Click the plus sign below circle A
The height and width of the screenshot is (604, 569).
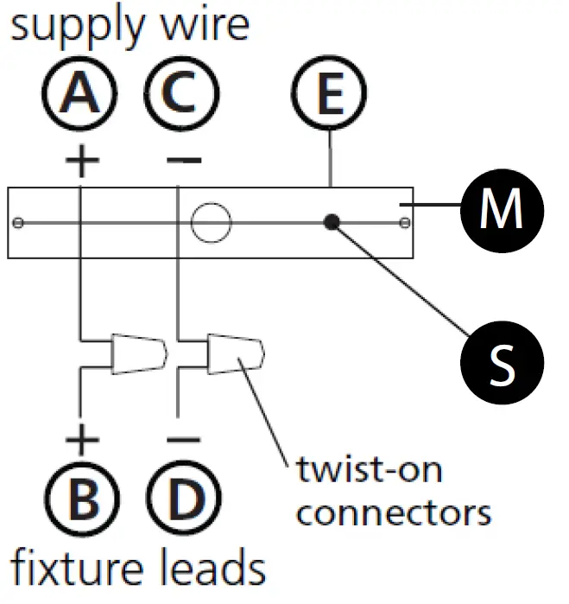80,161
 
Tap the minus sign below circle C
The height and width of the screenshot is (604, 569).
182,161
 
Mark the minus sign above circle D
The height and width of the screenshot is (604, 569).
182,441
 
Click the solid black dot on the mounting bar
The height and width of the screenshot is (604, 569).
331,222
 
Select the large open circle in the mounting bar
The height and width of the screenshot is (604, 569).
212,223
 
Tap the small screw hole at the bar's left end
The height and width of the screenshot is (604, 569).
18,223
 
